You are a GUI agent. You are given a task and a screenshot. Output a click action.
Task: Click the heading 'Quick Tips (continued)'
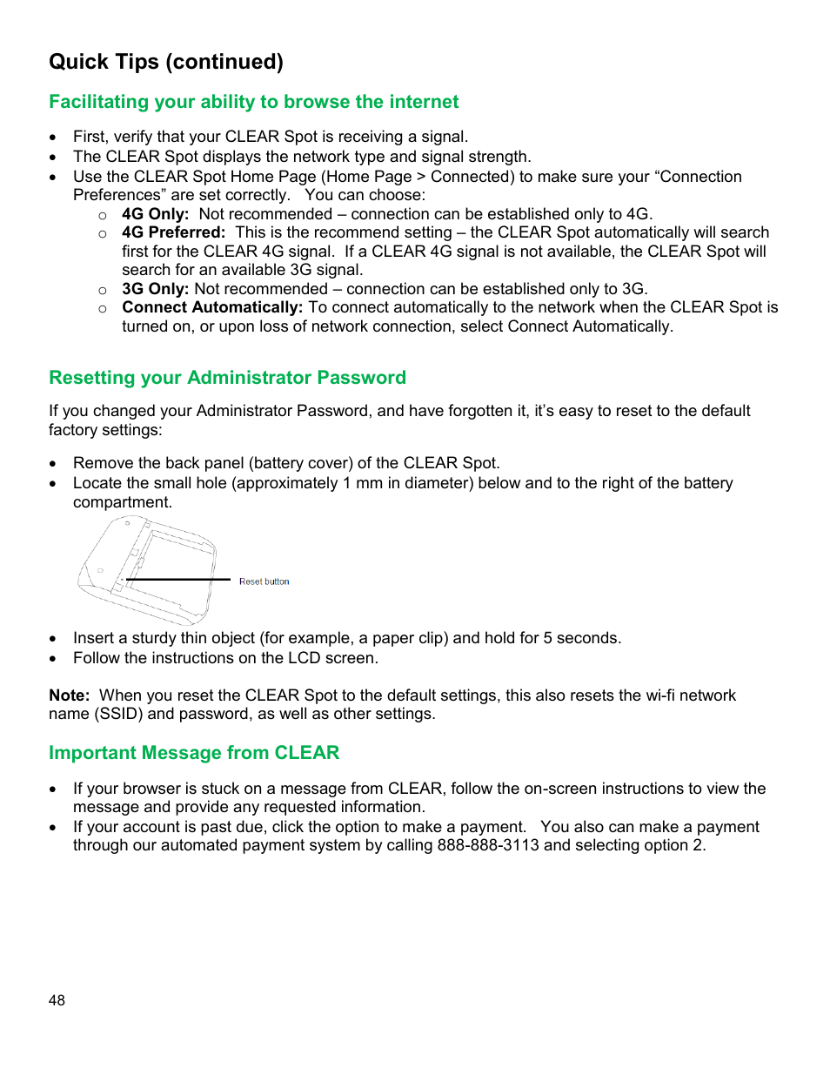coord(166,62)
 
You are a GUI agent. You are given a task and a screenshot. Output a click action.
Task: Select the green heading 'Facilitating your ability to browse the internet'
coord(253,102)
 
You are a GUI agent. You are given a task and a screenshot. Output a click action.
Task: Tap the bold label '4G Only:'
coord(155,214)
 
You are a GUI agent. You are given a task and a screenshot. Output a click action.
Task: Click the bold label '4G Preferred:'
coord(173,232)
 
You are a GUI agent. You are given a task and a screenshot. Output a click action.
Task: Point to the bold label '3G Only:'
coord(155,289)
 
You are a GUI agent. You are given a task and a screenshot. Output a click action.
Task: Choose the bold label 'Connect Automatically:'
coord(212,307)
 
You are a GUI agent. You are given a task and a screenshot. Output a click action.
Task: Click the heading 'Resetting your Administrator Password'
coord(227,378)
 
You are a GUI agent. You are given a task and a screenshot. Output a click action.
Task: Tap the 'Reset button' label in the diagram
coord(264,581)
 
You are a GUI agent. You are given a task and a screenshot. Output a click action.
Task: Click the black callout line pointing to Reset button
coord(178,580)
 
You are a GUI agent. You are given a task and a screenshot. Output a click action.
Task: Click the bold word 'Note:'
coord(70,695)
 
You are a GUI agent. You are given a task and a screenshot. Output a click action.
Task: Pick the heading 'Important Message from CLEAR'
coord(194,753)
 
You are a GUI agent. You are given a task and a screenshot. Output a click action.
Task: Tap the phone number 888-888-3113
coord(488,845)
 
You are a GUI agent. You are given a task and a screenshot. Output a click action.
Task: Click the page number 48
coord(57,1000)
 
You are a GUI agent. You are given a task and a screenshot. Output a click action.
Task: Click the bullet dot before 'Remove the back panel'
coord(54,464)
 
